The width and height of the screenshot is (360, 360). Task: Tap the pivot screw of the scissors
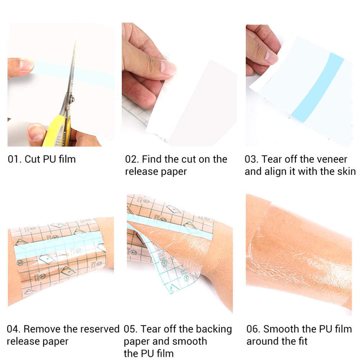point(71,99)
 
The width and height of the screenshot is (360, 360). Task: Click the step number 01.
point(14,159)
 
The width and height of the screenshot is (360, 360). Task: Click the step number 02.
point(131,159)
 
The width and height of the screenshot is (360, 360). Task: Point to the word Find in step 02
point(152,159)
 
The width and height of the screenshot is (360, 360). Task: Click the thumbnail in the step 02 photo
point(168,68)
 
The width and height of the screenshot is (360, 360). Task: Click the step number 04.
point(14,329)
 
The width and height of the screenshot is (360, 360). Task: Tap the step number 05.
point(130,329)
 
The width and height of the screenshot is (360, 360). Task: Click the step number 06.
point(253,329)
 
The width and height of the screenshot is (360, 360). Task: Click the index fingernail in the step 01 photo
point(26,65)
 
